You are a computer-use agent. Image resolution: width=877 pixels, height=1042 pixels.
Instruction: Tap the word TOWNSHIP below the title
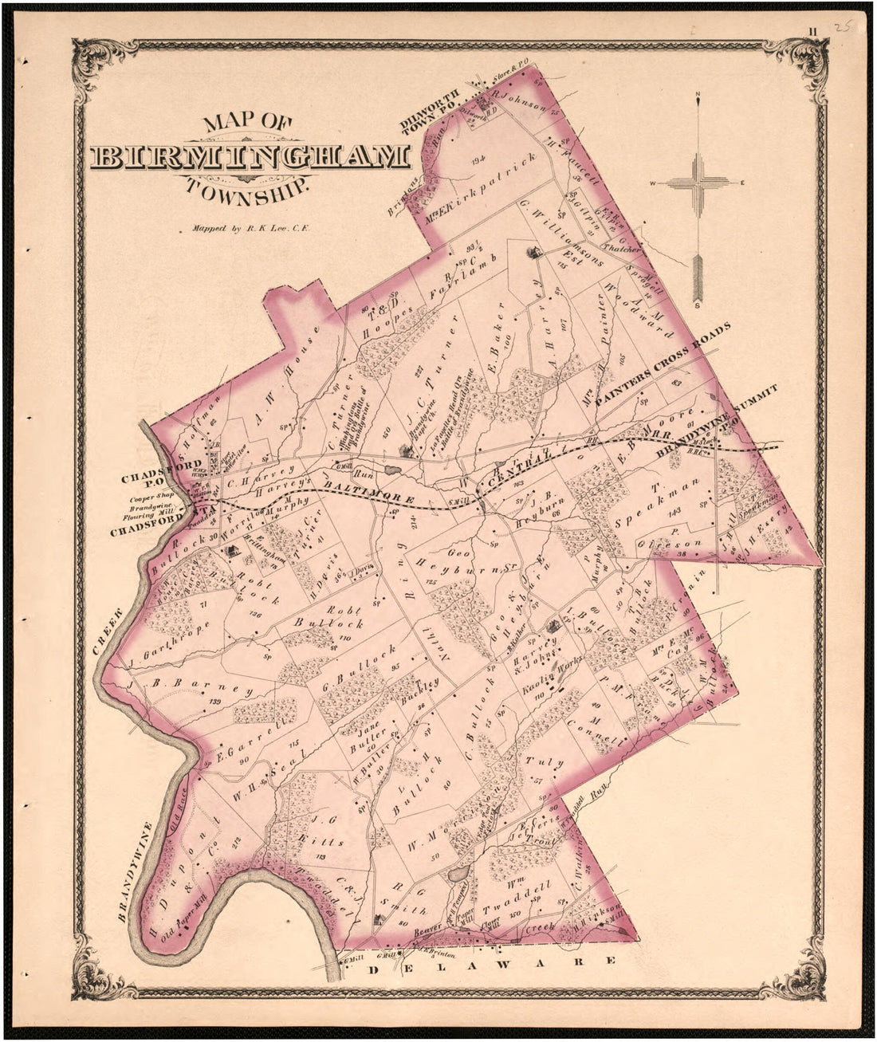tap(246, 190)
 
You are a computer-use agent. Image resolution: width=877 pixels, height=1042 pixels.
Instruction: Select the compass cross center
tap(698, 183)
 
